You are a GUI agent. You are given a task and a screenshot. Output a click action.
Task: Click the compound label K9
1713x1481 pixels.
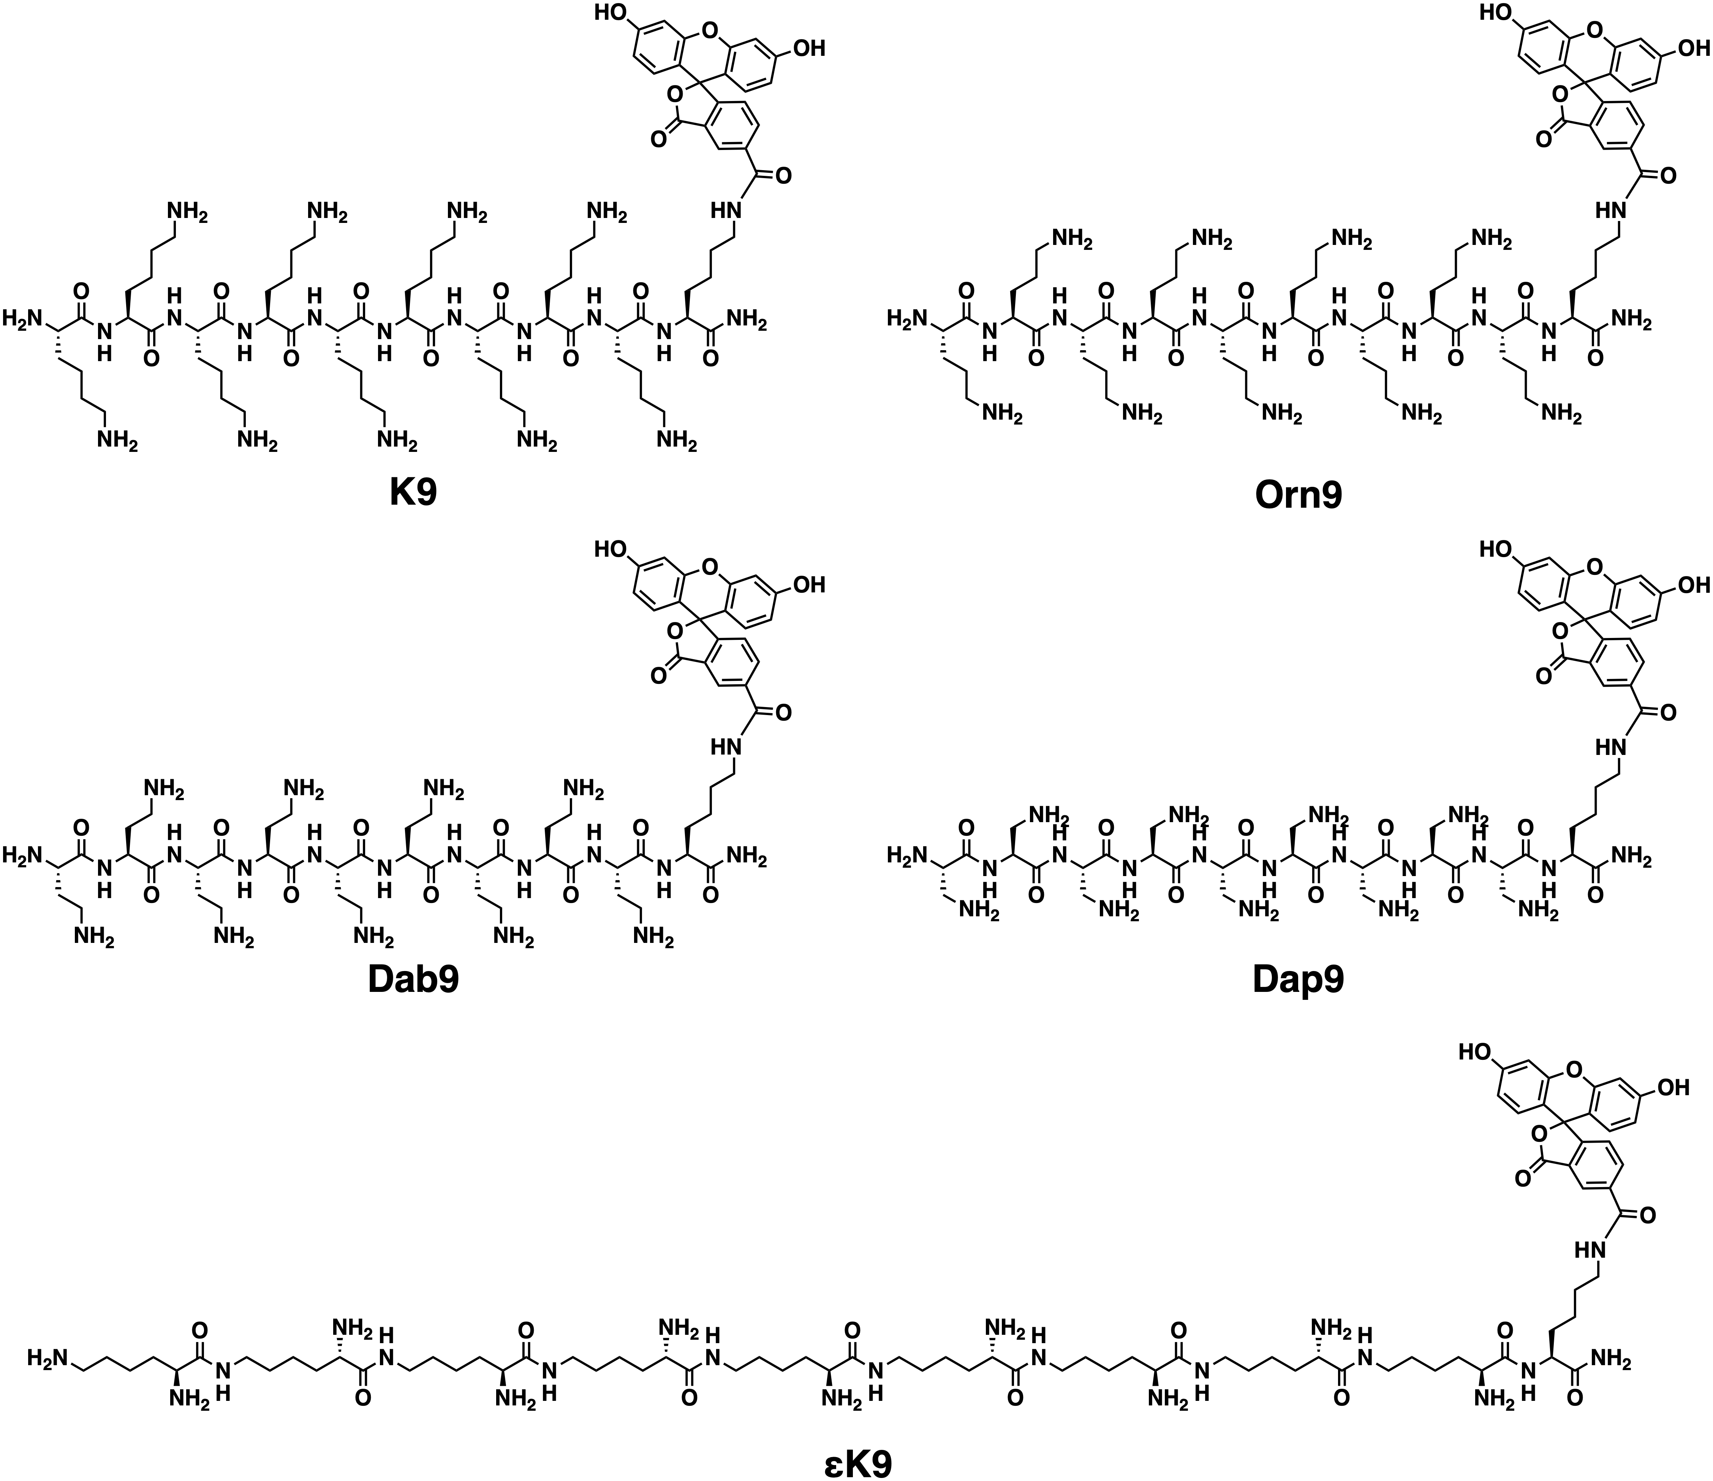(413, 493)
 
